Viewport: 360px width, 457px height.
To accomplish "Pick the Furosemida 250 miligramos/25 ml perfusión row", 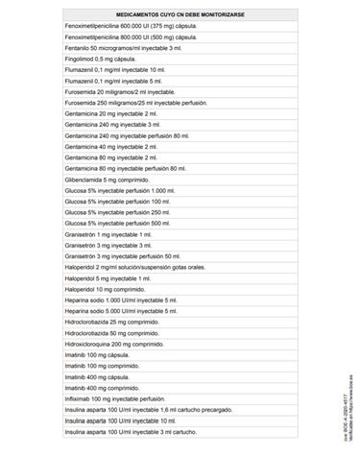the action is (x=130, y=103).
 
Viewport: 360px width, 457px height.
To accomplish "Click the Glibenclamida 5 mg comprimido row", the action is (x=105, y=180).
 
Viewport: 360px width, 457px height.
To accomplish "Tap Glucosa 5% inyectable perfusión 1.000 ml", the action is (x=119, y=190).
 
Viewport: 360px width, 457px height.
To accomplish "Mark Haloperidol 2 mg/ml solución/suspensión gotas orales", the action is (x=133, y=267).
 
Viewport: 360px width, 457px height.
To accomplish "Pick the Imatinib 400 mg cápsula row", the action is (x=97, y=376).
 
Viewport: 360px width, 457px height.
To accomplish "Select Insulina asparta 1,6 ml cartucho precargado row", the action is (x=134, y=409).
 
